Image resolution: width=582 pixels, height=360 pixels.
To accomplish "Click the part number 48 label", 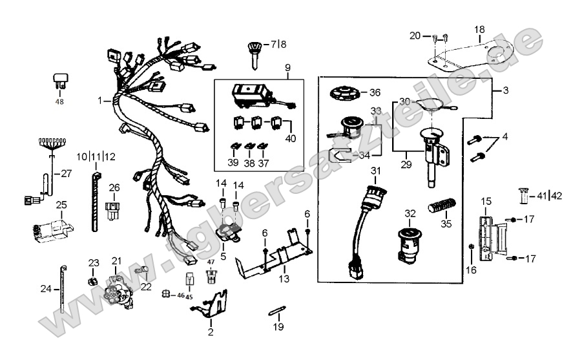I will pos(60,102).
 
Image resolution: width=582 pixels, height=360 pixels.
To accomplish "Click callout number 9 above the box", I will pos(287,68).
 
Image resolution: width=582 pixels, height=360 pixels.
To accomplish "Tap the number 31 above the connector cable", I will pos(375,171).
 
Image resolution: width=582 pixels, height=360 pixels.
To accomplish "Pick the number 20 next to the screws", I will pos(415,35).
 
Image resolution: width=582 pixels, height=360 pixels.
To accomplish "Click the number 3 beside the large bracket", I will pos(504,91).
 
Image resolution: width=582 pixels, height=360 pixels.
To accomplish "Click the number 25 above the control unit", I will pos(61,205).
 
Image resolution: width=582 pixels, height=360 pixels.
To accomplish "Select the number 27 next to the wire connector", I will pos(66,173).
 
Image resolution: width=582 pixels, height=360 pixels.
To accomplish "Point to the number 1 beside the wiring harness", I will pos(101,101).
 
